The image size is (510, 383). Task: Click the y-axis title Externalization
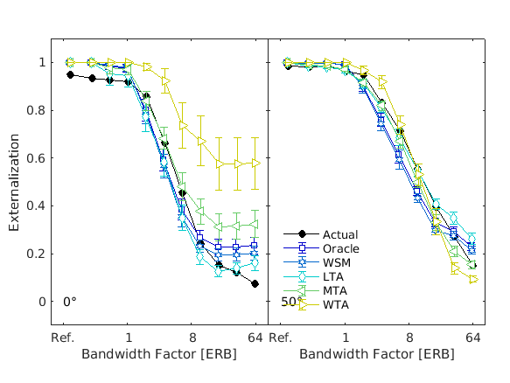[15, 183]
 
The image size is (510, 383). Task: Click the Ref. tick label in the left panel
[62, 338]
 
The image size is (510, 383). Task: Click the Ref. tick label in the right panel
[280, 338]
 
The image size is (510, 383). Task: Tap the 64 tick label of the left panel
[255, 338]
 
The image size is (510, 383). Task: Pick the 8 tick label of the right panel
[409, 338]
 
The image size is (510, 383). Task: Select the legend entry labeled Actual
[339, 234]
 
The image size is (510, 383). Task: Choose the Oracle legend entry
[340, 248]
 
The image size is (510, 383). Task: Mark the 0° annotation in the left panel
[70, 302]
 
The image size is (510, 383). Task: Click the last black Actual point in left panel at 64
[255, 284]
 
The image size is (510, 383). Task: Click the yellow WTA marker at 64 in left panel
[255, 163]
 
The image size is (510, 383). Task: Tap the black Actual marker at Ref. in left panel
[71, 74]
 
